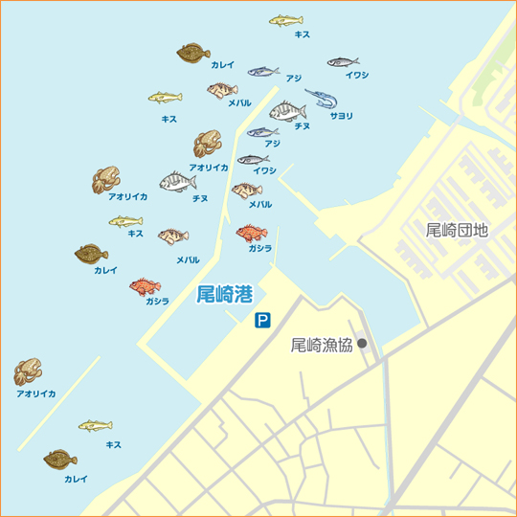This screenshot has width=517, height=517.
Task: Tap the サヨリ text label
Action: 341,116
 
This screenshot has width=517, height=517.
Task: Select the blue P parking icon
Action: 261,322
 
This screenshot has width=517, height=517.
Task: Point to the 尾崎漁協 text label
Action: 322,346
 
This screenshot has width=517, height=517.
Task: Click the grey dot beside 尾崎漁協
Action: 362,344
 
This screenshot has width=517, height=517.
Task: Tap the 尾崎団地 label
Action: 457,230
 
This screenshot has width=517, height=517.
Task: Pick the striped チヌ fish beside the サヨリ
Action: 287,111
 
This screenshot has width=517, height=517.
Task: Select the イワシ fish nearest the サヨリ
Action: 343,62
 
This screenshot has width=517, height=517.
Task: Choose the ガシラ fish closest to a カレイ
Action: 146,286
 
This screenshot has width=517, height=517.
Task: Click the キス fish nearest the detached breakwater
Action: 95,425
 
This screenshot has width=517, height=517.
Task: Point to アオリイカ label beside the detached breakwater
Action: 35,393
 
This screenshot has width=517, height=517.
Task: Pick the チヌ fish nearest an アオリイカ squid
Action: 177,181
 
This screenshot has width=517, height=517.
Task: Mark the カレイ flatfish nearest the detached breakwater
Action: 60,460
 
